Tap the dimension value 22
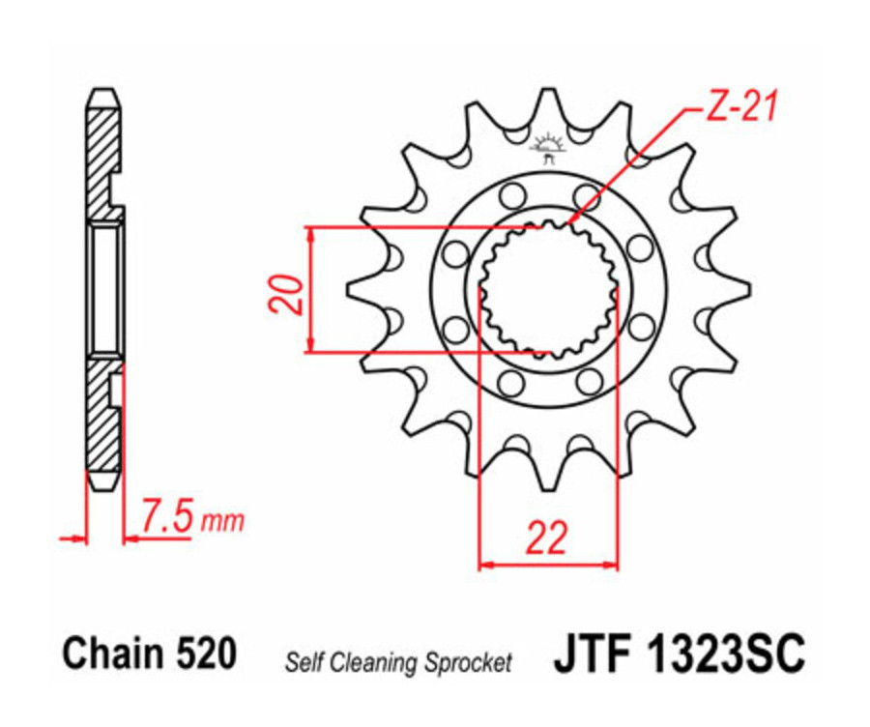(547, 537)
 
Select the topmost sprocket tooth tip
(548, 91)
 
